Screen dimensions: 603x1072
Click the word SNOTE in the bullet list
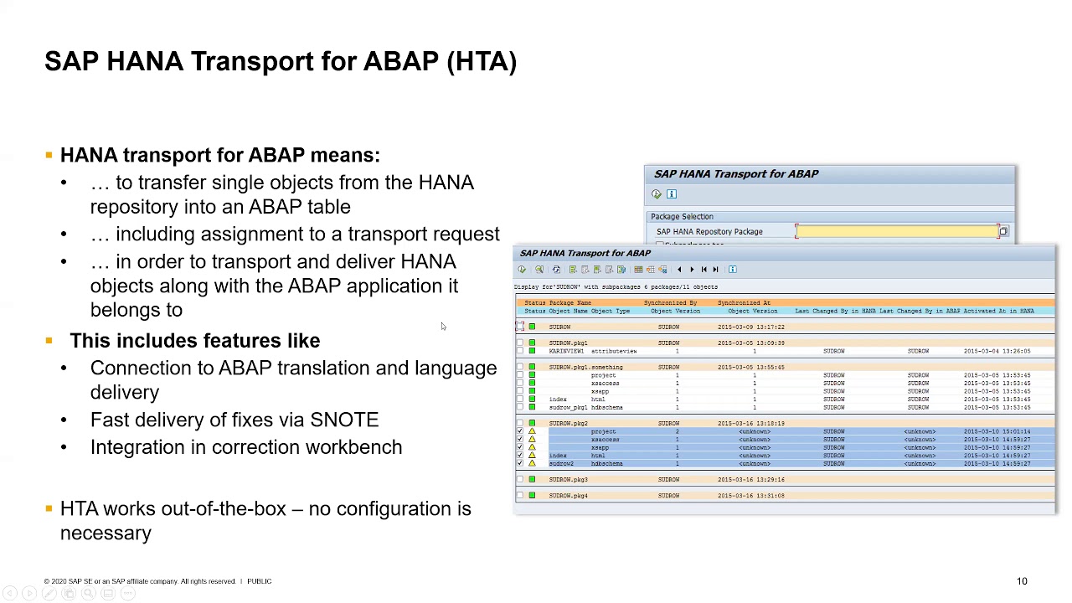pyautogui.click(x=344, y=420)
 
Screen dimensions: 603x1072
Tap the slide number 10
pyautogui.click(x=1022, y=581)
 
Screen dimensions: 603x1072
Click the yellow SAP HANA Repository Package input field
pyautogui.click(x=897, y=232)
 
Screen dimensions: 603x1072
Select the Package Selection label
pyautogui.click(x=682, y=217)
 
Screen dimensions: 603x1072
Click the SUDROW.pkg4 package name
pyautogui.click(x=568, y=496)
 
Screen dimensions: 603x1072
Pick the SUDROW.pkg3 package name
pyautogui.click(x=568, y=480)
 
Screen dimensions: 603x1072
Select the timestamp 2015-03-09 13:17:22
pyautogui.click(x=750, y=327)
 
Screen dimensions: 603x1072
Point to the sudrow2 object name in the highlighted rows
pyautogui.click(x=561, y=464)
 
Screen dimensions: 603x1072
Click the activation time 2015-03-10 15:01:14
pyautogui.click(x=997, y=432)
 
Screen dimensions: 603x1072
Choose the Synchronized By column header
pyautogui.click(x=670, y=303)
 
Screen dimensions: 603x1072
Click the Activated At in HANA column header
pyautogui.click(x=998, y=312)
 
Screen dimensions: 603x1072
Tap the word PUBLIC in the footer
pyautogui.click(x=259, y=581)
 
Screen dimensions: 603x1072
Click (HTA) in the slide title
pyautogui.click(x=482, y=61)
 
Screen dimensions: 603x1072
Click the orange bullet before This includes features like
pyautogui.click(x=49, y=341)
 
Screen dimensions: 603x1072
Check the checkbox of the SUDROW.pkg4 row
pyautogui.click(x=519, y=496)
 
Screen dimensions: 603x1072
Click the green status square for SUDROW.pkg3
pyautogui.click(x=532, y=480)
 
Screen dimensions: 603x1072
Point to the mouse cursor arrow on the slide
pyautogui.click(x=442, y=326)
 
